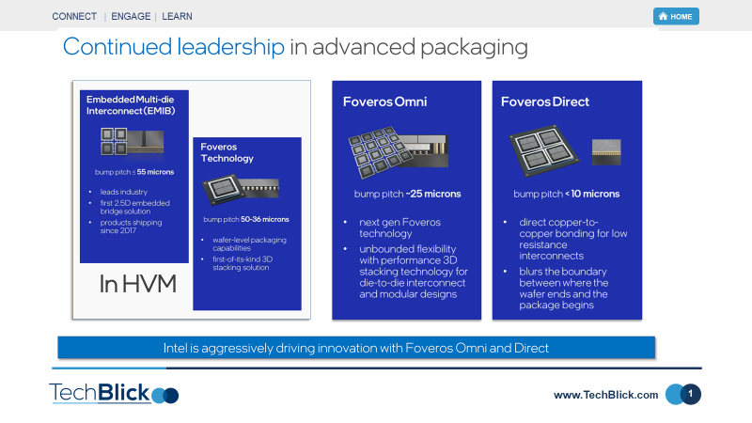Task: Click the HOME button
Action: pyautogui.click(x=676, y=16)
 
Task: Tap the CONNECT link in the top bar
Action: pyautogui.click(x=74, y=16)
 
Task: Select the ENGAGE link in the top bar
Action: pyautogui.click(x=132, y=16)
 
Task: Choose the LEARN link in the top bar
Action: pyautogui.click(x=178, y=16)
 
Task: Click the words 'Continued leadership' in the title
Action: pyautogui.click(x=173, y=47)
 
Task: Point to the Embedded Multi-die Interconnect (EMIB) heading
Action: pyautogui.click(x=134, y=104)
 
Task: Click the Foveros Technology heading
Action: pyautogui.click(x=227, y=152)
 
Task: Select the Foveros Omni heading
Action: pyautogui.click(x=384, y=102)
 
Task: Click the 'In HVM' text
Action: pyautogui.click(x=138, y=284)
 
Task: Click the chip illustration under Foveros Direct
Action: pyautogui.click(x=566, y=150)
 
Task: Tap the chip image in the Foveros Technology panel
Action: pyautogui.click(x=247, y=191)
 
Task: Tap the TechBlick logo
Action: pyautogui.click(x=113, y=393)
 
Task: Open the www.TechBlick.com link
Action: pyautogui.click(x=606, y=395)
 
